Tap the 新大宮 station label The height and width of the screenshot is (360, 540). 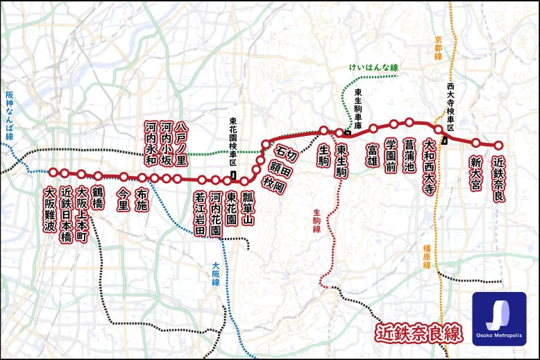[x=475, y=172]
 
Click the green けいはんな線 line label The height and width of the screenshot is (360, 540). [x=373, y=68]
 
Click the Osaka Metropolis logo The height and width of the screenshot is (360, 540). [x=499, y=319]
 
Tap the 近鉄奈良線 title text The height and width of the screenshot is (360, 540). [x=418, y=334]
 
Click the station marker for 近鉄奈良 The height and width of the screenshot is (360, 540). [x=498, y=146]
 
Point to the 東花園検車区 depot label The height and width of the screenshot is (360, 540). [x=233, y=142]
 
